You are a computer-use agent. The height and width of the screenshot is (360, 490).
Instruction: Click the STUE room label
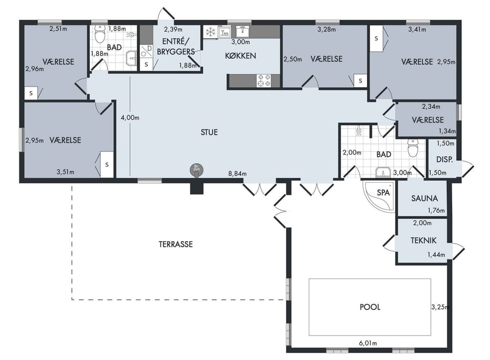click(x=209, y=133)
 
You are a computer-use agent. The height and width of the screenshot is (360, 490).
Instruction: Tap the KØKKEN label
click(x=240, y=56)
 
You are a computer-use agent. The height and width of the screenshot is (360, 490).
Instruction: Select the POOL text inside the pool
click(x=370, y=307)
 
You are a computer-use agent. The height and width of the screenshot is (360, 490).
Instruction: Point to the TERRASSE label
click(x=176, y=244)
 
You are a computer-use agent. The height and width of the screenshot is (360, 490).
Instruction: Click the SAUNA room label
click(x=424, y=198)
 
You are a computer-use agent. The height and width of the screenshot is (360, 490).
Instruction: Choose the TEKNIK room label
click(x=424, y=240)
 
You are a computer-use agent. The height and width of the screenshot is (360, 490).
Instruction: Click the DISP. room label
click(x=445, y=160)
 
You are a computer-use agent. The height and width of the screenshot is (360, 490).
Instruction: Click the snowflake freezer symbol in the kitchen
click(x=210, y=32)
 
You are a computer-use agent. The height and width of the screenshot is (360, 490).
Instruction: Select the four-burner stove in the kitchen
click(x=264, y=81)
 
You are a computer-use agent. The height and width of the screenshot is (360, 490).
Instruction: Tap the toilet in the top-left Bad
click(x=101, y=35)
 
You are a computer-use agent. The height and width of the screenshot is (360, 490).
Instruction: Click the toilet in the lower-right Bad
click(x=413, y=148)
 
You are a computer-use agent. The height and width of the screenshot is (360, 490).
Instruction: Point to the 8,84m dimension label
click(x=237, y=174)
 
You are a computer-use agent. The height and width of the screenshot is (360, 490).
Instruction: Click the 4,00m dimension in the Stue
click(x=130, y=118)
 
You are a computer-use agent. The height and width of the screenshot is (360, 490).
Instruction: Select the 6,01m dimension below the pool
click(x=368, y=343)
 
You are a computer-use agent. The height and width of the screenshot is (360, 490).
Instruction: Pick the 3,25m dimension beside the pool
click(x=440, y=307)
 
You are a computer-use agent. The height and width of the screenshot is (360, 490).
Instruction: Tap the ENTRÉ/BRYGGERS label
click(x=176, y=46)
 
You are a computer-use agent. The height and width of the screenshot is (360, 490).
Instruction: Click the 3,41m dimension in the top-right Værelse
click(x=417, y=30)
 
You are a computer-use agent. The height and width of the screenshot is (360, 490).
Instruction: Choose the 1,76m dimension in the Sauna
click(x=436, y=211)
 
